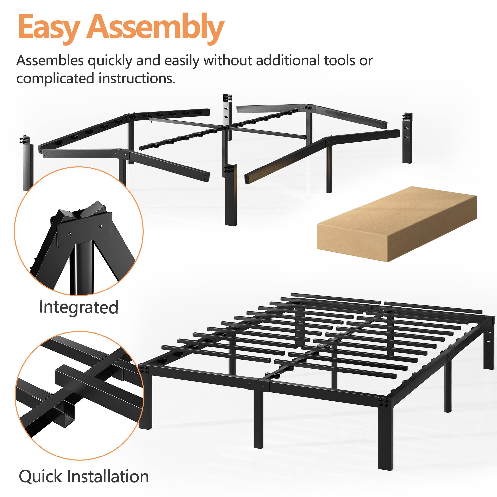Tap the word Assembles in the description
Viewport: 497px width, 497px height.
click(50, 61)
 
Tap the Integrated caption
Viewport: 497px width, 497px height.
click(79, 307)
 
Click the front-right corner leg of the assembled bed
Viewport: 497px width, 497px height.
click(385, 435)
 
